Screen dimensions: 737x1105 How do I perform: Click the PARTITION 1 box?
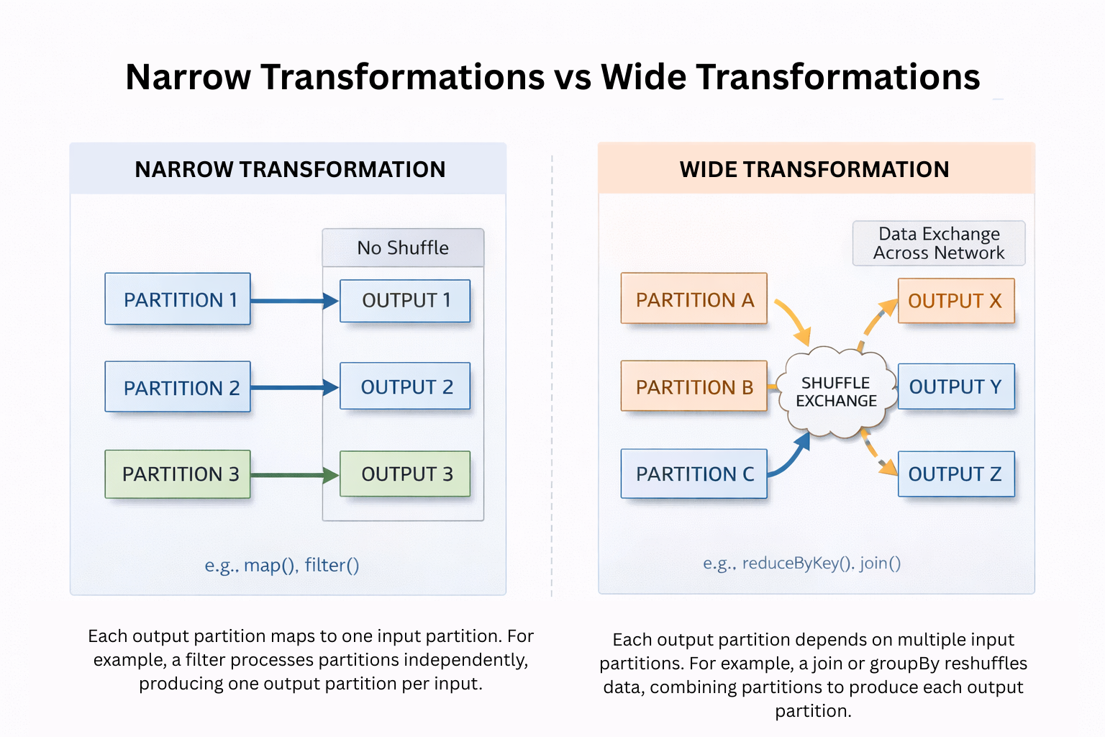tap(178, 299)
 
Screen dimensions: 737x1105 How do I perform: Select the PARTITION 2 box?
tap(178, 387)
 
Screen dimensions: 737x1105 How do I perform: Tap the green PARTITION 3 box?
tap(178, 474)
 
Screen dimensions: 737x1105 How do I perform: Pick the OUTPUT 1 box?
tap(405, 301)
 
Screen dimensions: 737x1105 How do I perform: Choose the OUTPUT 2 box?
tap(405, 386)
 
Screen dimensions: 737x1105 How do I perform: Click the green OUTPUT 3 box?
tap(405, 474)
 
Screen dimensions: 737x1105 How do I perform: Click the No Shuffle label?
tap(403, 248)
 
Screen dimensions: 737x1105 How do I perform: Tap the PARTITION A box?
tap(694, 299)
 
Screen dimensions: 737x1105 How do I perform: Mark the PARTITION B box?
tap(694, 386)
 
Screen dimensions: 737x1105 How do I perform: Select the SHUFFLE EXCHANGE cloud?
tap(836, 392)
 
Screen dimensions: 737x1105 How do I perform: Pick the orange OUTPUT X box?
tap(956, 301)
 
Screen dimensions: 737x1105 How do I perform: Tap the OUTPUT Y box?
tap(956, 386)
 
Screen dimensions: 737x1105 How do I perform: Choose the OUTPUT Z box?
tap(956, 474)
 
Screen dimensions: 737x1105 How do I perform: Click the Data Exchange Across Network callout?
tap(939, 243)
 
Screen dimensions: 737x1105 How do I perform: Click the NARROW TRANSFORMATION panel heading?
tap(289, 169)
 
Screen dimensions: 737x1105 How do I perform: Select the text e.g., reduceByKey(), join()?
tap(801, 563)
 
